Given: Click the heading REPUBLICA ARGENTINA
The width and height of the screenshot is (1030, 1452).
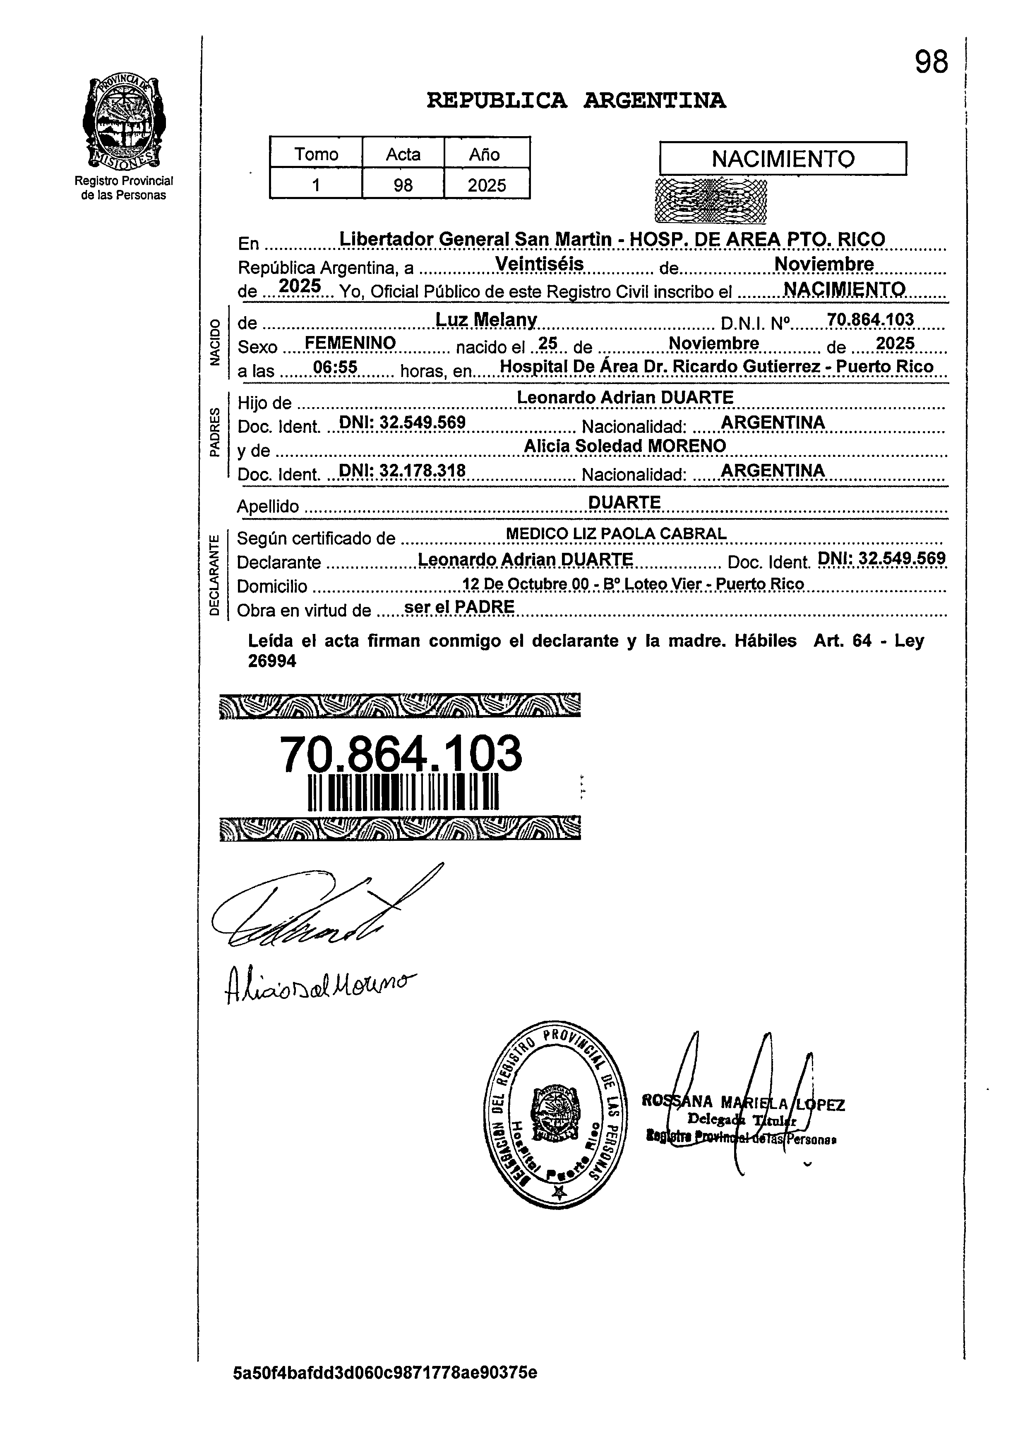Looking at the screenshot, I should (576, 100).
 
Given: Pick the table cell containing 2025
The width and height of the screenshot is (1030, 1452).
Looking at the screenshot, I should (487, 185).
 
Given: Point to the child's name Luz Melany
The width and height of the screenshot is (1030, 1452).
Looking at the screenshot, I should (487, 320).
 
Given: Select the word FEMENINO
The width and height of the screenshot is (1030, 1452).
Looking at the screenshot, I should (350, 343).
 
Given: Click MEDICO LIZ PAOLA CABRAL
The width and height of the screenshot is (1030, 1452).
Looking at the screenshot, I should (616, 534).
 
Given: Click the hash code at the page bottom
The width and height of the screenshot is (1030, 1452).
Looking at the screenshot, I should (385, 1373).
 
